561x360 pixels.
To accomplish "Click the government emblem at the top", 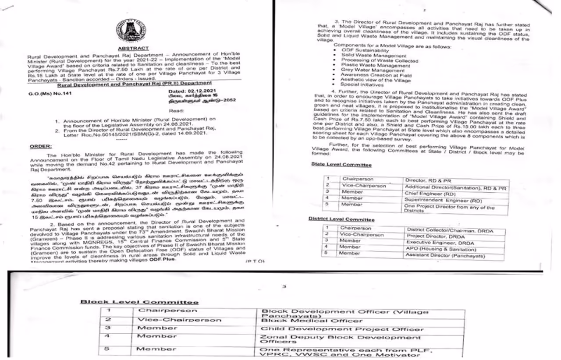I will pos(130,32).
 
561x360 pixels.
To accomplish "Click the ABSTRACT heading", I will pos(133,48).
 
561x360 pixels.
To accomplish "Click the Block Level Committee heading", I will pos(139,302).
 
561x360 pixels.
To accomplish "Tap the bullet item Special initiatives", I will pos(362,85).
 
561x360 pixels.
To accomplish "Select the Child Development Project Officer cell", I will pos(342,329).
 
